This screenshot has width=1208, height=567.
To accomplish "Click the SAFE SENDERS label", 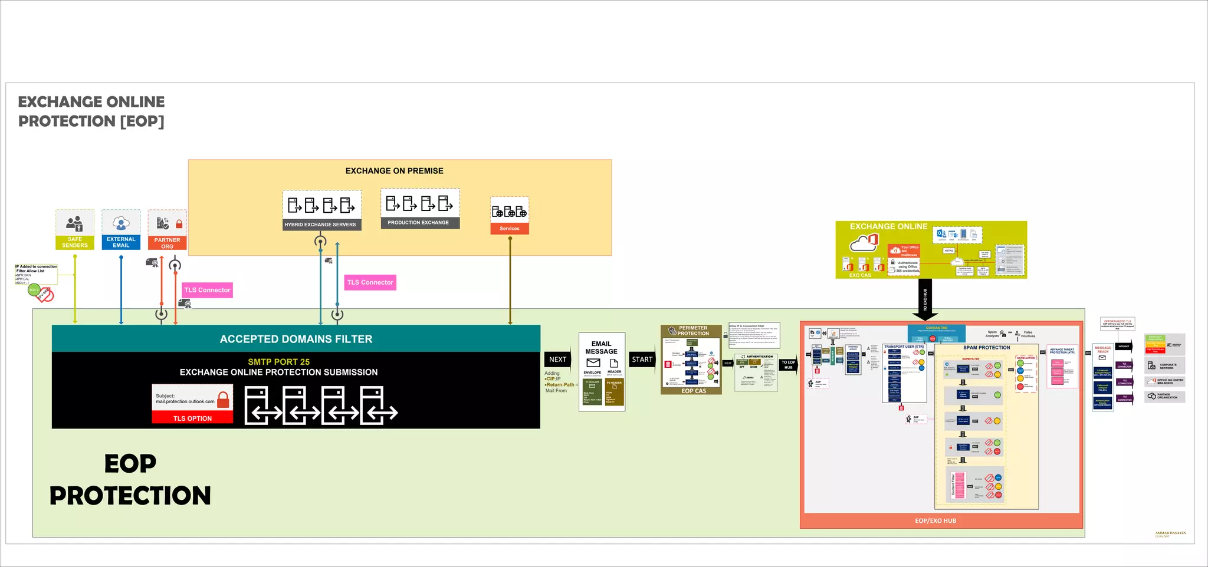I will (x=75, y=242).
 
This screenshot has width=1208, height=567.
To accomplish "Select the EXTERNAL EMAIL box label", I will (x=121, y=242).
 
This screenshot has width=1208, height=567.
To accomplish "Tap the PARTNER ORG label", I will (x=168, y=243).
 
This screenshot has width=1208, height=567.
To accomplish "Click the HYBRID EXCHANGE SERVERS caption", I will (x=320, y=225).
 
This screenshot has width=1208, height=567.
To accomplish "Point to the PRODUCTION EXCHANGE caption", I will (x=418, y=223).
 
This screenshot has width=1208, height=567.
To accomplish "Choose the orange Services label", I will (x=510, y=229).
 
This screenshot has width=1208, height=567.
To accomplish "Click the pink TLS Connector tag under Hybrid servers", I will (x=370, y=282).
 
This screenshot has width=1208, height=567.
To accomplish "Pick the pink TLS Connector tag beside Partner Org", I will (x=207, y=290).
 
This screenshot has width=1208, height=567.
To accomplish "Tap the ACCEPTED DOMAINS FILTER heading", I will (x=296, y=339).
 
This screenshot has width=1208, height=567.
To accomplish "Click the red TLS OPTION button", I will (x=192, y=418).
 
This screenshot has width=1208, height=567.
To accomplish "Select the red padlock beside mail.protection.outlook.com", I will (x=223, y=400).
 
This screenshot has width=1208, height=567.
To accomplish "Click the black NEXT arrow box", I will (x=557, y=360).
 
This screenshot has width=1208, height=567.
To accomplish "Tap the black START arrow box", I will (x=642, y=360).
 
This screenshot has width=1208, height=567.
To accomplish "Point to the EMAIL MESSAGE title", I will (x=601, y=347).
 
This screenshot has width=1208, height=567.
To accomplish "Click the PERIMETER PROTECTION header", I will (x=693, y=331).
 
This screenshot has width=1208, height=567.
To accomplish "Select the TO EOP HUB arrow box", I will (x=788, y=365).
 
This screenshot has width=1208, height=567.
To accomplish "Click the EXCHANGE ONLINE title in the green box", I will (x=888, y=226).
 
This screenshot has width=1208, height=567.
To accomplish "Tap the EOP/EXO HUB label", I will (x=935, y=521).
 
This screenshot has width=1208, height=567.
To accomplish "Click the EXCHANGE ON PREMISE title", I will (x=395, y=171).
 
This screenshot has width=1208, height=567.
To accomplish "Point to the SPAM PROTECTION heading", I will (x=986, y=348).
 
